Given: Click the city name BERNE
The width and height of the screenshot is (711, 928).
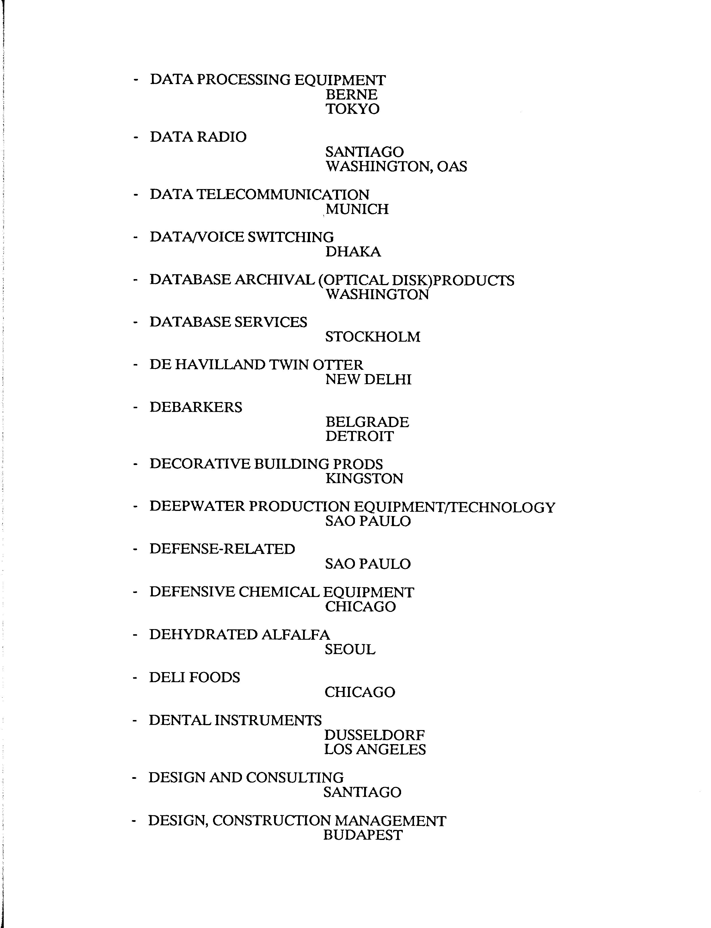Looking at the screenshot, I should click(351, 94).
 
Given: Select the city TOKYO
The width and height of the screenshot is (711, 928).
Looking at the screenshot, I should click(352, 109).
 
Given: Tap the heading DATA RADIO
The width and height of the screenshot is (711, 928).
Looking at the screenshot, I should click(198, 137).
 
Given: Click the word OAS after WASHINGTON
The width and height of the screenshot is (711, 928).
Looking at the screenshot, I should click(452, 166).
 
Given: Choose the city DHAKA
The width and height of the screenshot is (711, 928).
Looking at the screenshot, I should click(353, 252).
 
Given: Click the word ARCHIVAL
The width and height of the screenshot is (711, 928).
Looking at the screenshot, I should click(274, 280).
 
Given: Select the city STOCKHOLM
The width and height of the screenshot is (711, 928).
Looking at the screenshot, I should click(372, 337).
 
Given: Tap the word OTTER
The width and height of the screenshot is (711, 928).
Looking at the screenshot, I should click(338, 365).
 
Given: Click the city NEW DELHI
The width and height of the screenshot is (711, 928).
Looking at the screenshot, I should click(368, 379).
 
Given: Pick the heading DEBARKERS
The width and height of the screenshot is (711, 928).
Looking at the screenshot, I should click(196, 407).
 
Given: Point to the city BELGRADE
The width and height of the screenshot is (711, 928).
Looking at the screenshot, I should click(367, 422).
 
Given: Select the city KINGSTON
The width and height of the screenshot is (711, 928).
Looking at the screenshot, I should click(364, 479).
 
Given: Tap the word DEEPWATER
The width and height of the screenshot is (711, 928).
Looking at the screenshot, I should click(196, 507).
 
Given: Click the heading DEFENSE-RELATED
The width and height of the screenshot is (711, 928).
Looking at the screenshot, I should click(222, 549).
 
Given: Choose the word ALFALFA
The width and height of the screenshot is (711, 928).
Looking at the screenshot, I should click(295, 635).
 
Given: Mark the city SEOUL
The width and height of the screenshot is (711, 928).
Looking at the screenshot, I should click(350, 649).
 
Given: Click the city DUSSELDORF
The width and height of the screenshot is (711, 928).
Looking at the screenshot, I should click(374, 736).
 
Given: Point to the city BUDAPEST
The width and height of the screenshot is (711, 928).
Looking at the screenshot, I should click(363, 835).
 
